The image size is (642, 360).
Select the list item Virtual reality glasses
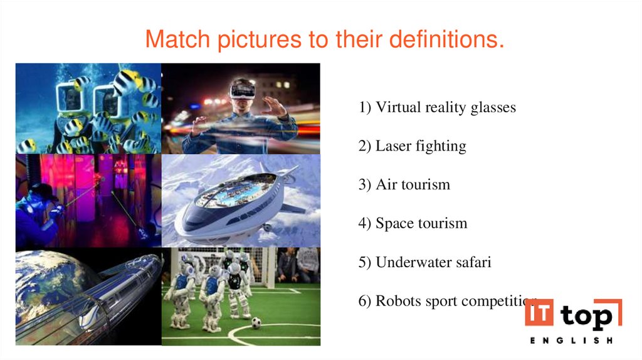pyautogui.click(x=437, y=107)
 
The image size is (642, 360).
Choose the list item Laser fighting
pyautogui.click(x=413, y=146)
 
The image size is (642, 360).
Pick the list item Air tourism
pyautogui.click(x=404, y=185)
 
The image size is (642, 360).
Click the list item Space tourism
pyautogui.click(x=413, y=223)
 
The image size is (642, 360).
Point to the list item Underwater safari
pyautogui.click(x=424, y=262)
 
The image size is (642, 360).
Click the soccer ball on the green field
pyautogui.click(x=256, y=322)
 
